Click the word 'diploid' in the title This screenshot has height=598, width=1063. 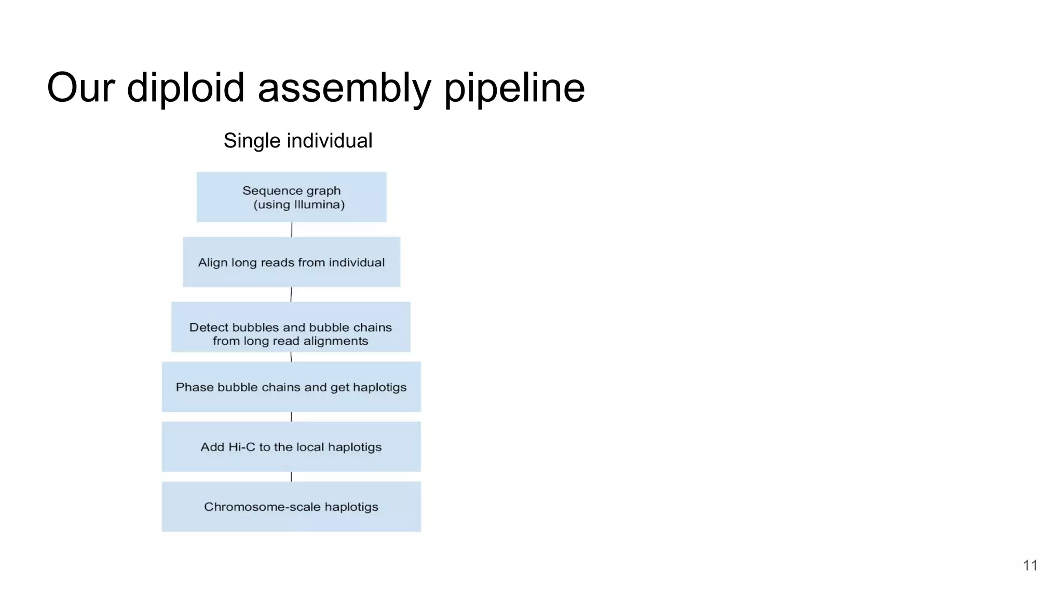pos(185,88)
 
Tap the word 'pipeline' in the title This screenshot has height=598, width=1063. pos(514,88)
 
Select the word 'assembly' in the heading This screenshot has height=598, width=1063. pos(344,88)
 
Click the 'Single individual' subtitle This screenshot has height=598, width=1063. pos(298,141)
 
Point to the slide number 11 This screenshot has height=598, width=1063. pos(1030,565)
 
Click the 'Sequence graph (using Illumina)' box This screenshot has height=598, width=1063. pos(291,197)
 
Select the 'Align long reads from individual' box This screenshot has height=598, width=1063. pos(291,262)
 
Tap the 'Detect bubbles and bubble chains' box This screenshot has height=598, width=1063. pos(291,327)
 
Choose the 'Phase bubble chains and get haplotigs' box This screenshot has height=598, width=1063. pos(291,387)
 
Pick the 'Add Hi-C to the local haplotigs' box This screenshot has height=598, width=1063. pos(291,446)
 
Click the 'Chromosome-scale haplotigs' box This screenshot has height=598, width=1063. pos(291,507)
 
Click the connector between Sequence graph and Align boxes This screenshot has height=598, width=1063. pos(292,229)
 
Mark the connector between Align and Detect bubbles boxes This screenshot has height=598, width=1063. pos(291,294)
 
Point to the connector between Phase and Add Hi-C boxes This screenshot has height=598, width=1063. pos(291,417)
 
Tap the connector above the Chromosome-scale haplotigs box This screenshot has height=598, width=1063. pos(291,477)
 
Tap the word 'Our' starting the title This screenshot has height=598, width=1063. pos(80,88)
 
